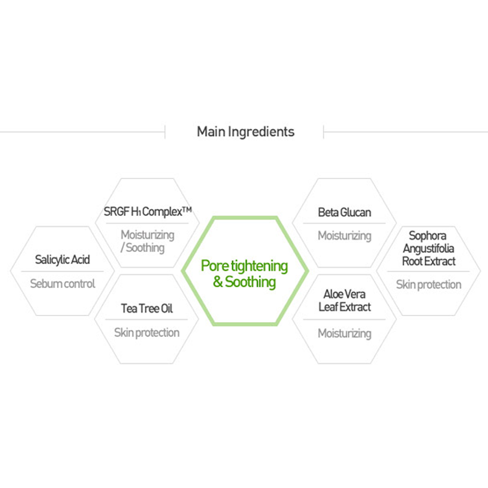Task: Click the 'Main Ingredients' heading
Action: pyautogui.click(x=245, y=132)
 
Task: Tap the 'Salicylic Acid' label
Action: pyautogui.click(x=62, y=260)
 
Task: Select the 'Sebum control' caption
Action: pyautogui.click(x=62, y=284)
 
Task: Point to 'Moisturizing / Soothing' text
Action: pyautogui.click(x=147, y=241)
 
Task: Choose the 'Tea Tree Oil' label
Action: pyautogui.click(x=147, y=308)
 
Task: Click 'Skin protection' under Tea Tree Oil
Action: pyautogui.click(x=147, y=333)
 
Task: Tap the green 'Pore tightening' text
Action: pyautogui.click(x=244, y=266)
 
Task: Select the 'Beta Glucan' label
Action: pyautogui.click(x=345, y=212)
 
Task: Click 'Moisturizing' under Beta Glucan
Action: pyautogui.click(x=345, y=236)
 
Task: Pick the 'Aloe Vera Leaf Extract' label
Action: pyautogui.click(x=345, y=301)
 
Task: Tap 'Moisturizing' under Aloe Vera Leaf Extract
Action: pyautogui.click(x=345, y=334)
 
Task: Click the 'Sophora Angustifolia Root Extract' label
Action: pyautogui.click(x=428, y=248)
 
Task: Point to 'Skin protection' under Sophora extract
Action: pyautogui.click(x=428, y=285)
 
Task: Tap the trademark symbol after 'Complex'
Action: pyautogui.click(x=186, y=210)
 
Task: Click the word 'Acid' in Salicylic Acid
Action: pyautogui.click(x=80, y=260)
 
